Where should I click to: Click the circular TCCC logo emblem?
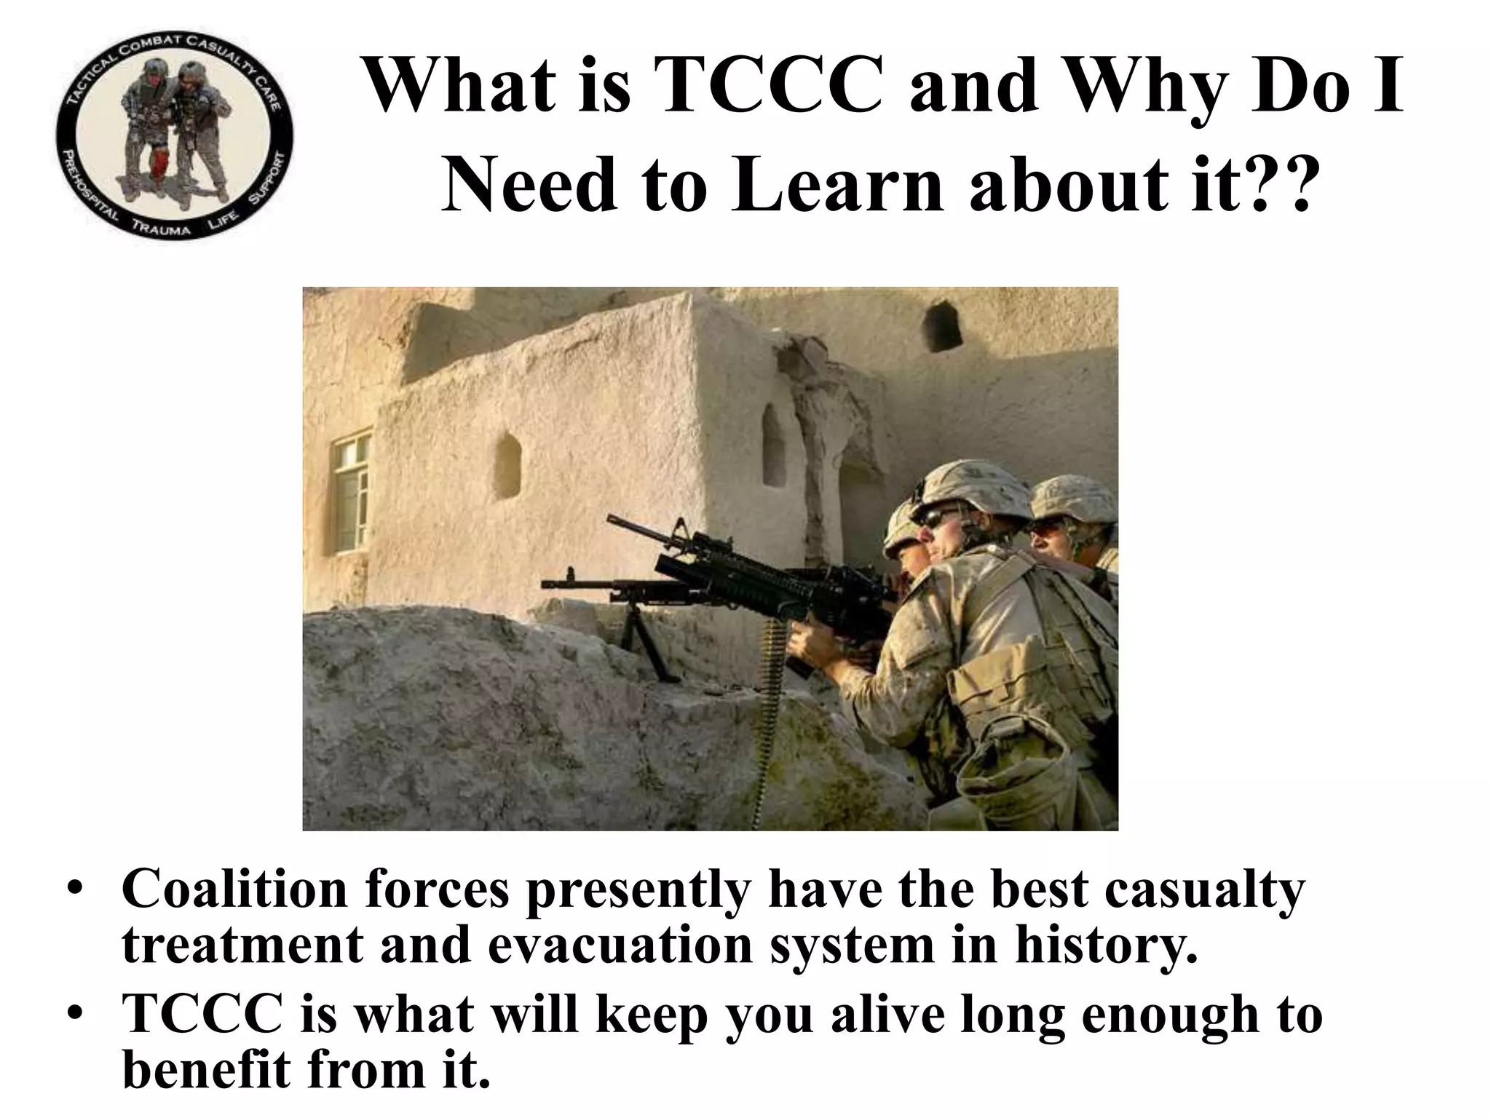(x=175, y=138)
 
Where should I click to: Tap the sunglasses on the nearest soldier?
(x=939, y=518)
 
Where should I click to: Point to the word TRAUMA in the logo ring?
(x=161, y=228)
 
